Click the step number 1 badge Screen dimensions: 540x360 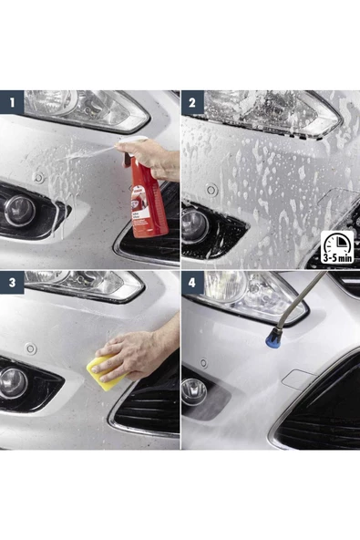click(12, 102)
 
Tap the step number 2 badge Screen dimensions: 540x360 click(192, 102)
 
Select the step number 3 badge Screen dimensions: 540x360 click(12, 283)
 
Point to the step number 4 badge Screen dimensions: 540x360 click(192, 283)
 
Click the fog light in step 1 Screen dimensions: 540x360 click(18, 211)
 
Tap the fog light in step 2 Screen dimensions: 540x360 click(196, 224)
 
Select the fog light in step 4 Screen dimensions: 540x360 click(195, 392)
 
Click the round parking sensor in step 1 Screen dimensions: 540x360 click(38, 177)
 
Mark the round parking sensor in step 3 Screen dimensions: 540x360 click(31, 348)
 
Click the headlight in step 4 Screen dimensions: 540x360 click(242, 294)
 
